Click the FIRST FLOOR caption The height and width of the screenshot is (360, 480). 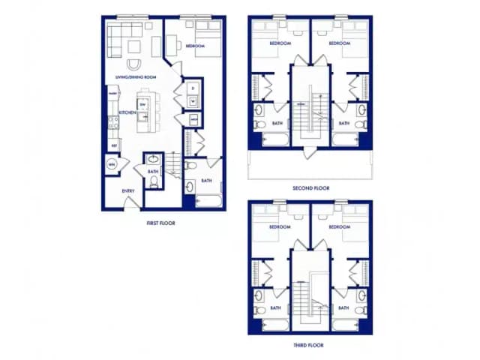point(161,223)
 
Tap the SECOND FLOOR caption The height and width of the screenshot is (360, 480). point(310,188)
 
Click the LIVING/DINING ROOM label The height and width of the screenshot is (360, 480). point(136,77)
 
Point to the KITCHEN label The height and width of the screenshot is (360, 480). point(127,112)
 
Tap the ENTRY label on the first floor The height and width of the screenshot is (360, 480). point(128,190)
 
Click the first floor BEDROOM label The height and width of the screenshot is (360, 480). point(196,46)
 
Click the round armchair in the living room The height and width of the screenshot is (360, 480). point(135,65)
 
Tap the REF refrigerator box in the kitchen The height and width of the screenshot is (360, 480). point(114,144)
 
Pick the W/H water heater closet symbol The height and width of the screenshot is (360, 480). point(112,163)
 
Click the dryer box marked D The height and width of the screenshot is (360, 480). point(193,88)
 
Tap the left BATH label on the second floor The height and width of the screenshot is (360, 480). point(277,123)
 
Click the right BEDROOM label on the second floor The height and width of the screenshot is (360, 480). point(340,43)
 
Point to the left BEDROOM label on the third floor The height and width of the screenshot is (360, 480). point(280,226)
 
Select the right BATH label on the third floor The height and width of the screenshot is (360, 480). point(343,307)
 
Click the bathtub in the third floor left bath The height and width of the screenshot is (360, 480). point(274,324)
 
